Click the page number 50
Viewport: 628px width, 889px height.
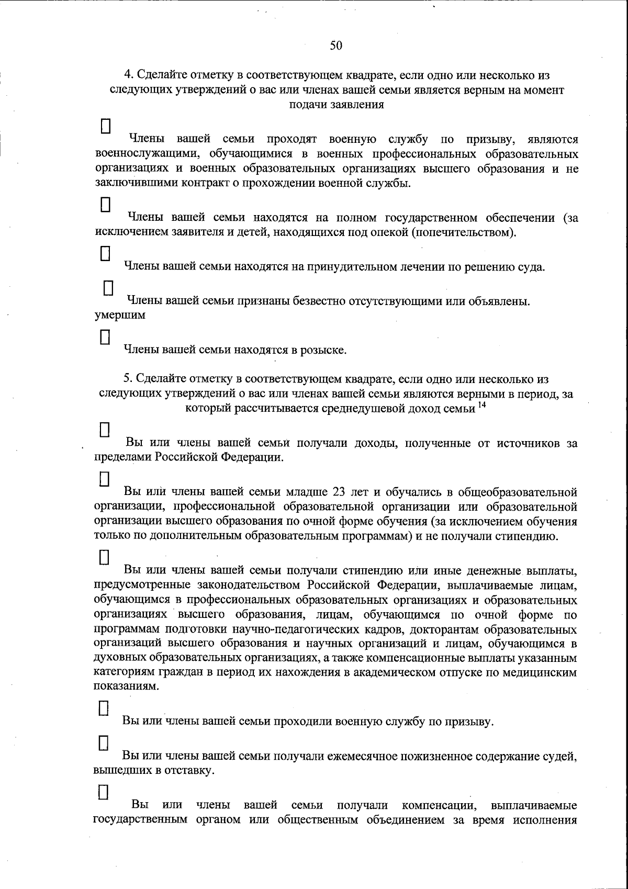click(336, 46)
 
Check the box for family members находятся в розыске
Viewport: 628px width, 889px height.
click(105, 335)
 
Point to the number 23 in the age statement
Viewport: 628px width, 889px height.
click(339, 492)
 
